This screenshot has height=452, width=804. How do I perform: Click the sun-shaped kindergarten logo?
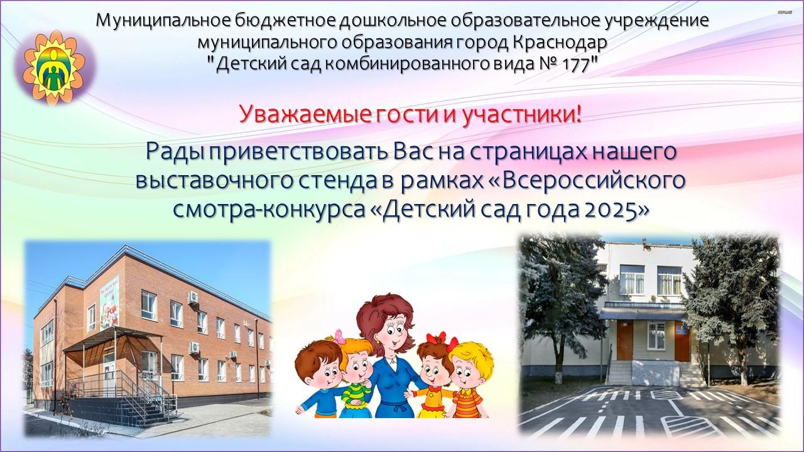[x=55, y=67]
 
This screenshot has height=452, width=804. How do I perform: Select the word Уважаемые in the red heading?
[x=305, y=115]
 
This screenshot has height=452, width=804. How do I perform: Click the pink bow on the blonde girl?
[x=339, y=336]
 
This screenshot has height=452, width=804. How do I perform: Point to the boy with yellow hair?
[x=470, y=381]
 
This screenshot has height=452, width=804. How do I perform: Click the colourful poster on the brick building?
[x=109, y=303]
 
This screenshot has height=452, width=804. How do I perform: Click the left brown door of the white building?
[x=624, y=340]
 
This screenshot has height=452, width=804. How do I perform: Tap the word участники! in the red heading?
[x=521, y=115]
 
